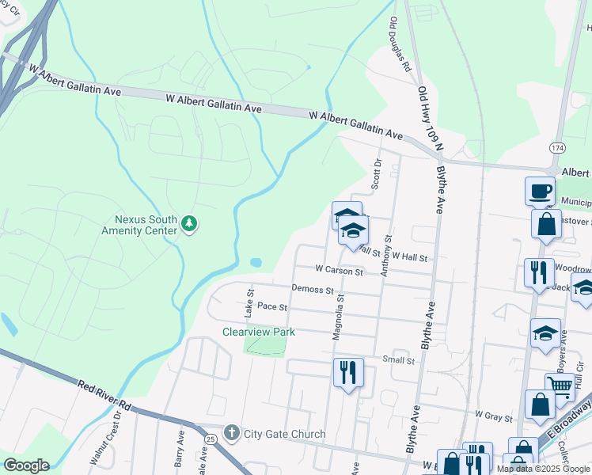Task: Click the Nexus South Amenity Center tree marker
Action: pos(188,225)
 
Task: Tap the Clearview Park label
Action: pos(259,332)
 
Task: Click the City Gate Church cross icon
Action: pos(231,433)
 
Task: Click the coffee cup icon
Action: pos(540,191)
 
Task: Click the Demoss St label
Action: pos(311,290)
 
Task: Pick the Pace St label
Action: pos(272,306)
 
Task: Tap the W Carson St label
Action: pos(339,271)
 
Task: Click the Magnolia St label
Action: pos(338,317)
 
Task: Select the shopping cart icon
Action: pos(560,387)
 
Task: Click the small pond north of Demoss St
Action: pos(256,262)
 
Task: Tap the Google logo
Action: pos(25,465)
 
